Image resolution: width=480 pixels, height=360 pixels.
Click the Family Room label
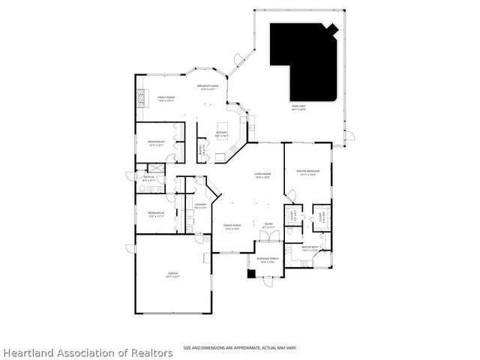166,97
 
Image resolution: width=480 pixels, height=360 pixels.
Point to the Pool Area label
298,107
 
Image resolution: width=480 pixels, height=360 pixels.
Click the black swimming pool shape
300,60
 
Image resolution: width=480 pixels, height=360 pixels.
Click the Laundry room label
200,205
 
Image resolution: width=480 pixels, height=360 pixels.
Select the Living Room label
262,175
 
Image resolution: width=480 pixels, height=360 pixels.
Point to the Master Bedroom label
307,172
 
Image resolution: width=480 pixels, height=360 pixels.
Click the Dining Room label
232,226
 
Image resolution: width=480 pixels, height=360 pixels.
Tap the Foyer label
268,225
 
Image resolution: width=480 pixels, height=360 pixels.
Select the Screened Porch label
267,260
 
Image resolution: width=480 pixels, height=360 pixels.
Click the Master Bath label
310,247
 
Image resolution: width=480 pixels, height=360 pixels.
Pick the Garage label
173,275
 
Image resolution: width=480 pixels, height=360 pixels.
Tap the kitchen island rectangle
222,124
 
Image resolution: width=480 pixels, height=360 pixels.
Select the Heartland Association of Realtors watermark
87,352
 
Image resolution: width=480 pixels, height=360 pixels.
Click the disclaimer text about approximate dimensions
239,348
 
